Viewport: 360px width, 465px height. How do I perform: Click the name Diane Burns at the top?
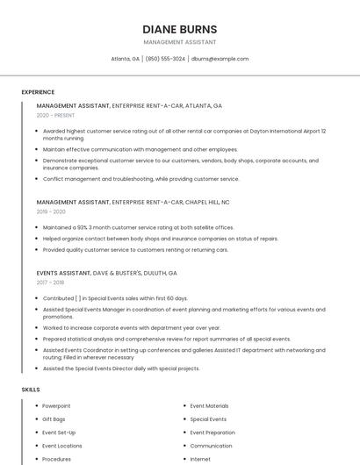[179, 29]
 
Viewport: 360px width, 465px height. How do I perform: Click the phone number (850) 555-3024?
[165, 59]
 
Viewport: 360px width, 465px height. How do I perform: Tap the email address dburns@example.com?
[220, 59]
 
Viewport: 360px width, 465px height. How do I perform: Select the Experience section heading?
[38, 92]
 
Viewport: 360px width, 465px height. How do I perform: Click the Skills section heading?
[31, 389]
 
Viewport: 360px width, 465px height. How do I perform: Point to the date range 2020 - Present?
[55, 115]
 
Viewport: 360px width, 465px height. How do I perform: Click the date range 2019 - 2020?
[51, 211]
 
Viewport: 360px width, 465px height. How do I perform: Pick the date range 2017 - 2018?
[50, 283]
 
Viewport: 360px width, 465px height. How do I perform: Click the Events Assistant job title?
[63, 273]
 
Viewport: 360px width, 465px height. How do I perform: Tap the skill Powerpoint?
[57, 406]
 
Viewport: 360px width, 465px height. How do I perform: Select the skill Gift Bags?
[54, 419]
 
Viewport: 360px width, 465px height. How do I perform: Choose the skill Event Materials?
[209, 406]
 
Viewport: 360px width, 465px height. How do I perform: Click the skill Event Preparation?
[212, 433]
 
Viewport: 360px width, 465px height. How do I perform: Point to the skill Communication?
[211, 446]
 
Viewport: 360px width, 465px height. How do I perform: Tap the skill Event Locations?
[62, 446]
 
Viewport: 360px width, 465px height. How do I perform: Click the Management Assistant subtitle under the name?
[179, 42]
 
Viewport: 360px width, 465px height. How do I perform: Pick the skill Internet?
[200, 459]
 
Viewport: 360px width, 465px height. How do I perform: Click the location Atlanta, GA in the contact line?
[126, 59]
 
